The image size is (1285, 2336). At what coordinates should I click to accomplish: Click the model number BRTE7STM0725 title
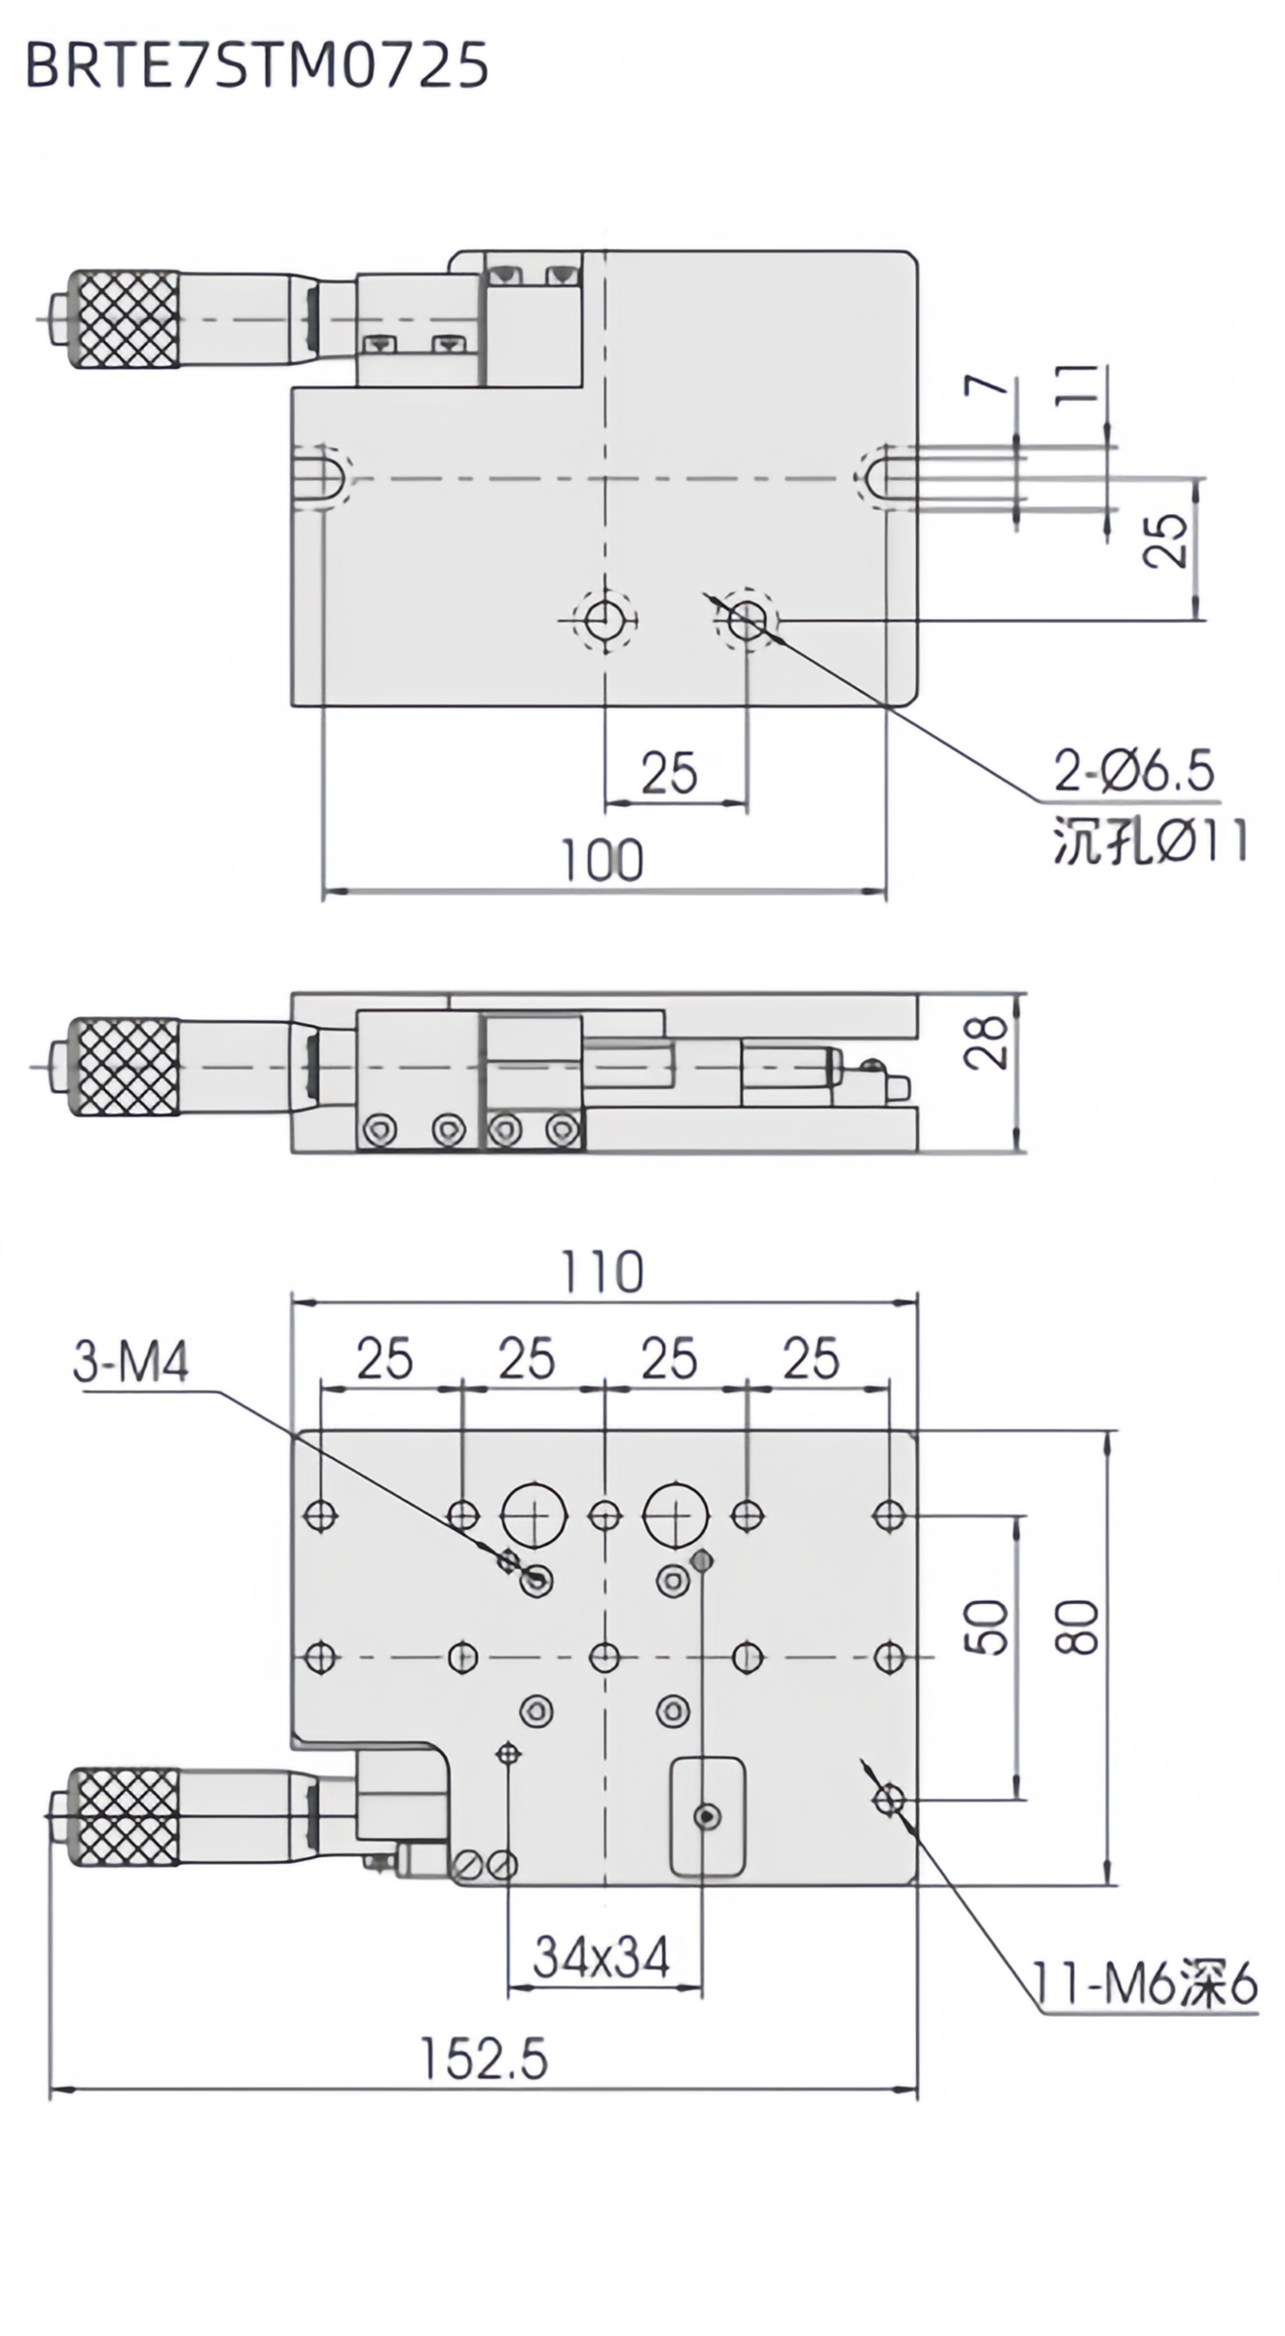point(256,67)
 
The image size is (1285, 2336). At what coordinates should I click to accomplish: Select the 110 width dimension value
point(603,1272)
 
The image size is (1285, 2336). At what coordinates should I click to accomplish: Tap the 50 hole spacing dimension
point(990,1626)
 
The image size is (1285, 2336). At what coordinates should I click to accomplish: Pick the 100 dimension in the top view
point(603,860)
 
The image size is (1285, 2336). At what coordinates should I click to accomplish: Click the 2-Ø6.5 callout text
point(1135,773)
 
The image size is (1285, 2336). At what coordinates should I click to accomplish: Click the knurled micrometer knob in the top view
point(124,319)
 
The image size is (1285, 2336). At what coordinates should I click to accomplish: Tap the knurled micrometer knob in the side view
point(124,1068)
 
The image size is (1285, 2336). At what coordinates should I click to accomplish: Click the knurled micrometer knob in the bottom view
point(124,1817)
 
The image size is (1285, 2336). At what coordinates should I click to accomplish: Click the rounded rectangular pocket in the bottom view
point(708,1816)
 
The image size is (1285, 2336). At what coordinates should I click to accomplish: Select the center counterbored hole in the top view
point(605,617)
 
